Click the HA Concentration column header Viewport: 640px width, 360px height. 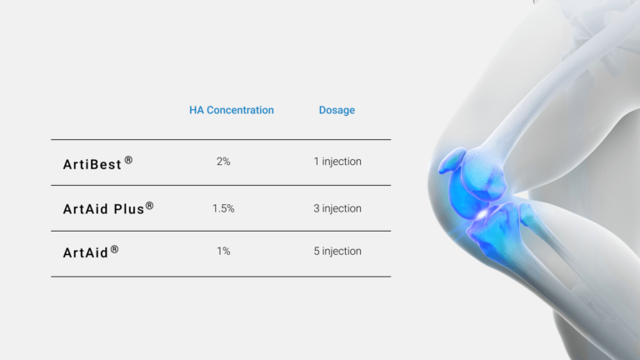(x=231, y=110)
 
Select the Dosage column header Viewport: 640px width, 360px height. (x=337, y=110)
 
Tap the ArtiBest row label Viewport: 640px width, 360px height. (x=92, y=163)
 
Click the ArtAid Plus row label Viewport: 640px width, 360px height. (x=103, y=209)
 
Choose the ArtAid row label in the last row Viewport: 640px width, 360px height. (x=86, y=252)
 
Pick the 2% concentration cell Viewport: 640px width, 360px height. (x=223, y=162)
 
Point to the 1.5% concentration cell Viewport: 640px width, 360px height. (x=223, y=208)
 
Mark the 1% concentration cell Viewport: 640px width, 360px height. (x=223, y=251)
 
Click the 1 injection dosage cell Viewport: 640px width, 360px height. (x=337, y=162)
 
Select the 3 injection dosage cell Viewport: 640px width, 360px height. (x=337, y=208)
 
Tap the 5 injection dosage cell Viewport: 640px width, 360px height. (x=337, y=251)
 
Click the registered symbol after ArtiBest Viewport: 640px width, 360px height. (x=128, y=159)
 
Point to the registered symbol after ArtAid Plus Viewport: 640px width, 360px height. (x=150, y=205)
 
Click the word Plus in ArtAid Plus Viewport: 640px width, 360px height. (x=127, y=209)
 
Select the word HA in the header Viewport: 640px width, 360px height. (x=196, y=110)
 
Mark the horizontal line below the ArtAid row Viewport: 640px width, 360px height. (x=220, y=277)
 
